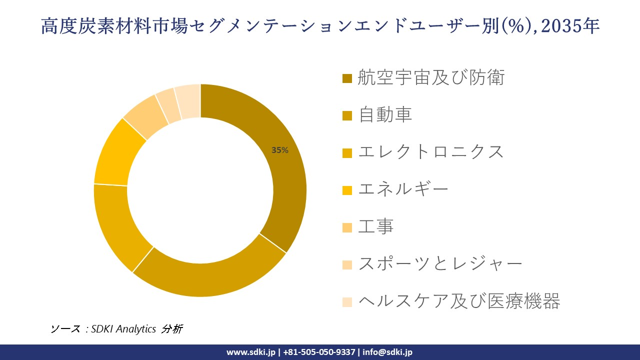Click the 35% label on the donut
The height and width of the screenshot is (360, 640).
[x=280, y=150]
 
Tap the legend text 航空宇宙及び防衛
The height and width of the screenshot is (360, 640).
[x=431, y=78]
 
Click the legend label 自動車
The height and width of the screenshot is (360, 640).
[x=385, y=115]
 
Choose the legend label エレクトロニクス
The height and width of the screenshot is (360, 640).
[x=431, y=152]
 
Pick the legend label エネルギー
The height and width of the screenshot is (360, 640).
[x=403, y=189]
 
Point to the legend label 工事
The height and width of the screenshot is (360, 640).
[x=376, y=226]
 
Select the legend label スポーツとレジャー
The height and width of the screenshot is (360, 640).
[x=440, y=264]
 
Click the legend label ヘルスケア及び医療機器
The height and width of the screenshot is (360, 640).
[x=459, y=301]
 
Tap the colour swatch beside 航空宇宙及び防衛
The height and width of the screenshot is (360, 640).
[x=347, y=78]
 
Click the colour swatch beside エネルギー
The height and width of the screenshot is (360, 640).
[x=347, y=190]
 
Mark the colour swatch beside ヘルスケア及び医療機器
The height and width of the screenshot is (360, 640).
[x=347, y=302]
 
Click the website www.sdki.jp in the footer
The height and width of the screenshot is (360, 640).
[x=250, y=352]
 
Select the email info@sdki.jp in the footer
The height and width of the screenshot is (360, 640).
[x=387, y=352]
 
